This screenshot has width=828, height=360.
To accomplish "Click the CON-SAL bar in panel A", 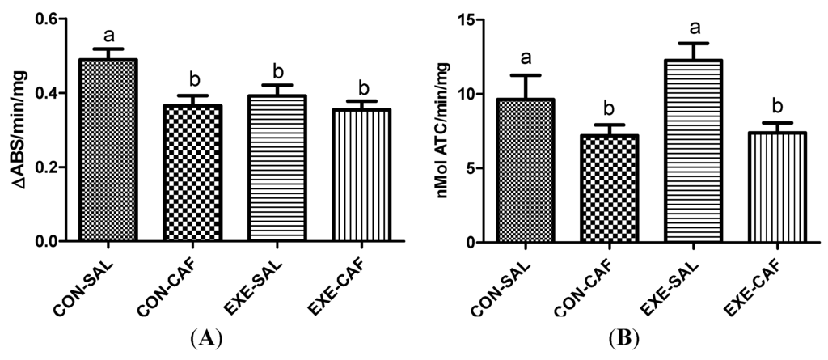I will pos(108,150).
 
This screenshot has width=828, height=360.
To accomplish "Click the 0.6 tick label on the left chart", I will pos(50,19).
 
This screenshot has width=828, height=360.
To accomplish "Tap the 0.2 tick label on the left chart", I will pos(50,167).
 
